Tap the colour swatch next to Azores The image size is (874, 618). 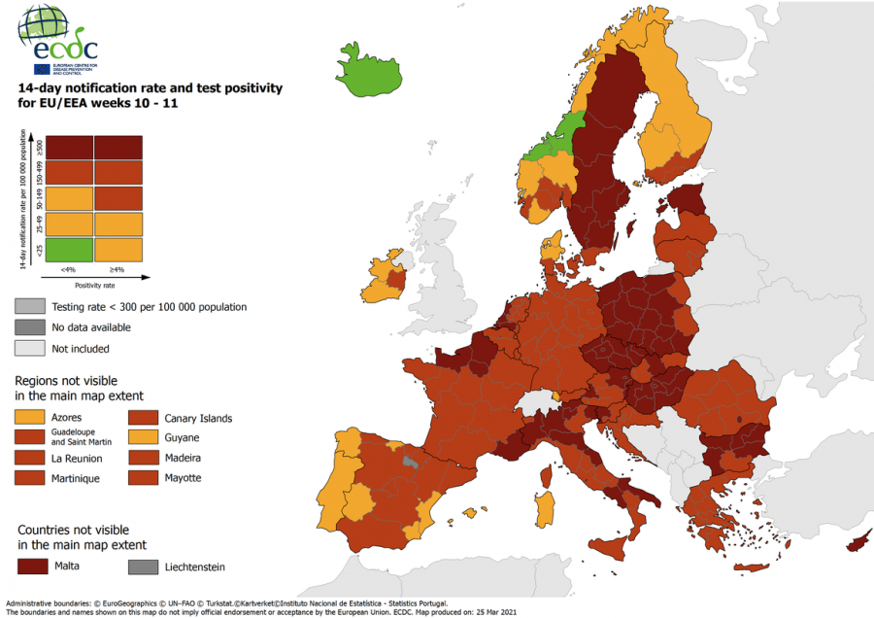pyautogui.click(x=28, y=418)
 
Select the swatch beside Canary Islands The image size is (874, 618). pyautogui.click(x=142, y=418)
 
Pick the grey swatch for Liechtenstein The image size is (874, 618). pyautogui.click(x=142, y=566)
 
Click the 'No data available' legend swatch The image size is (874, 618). pyautogui.click(x=28, y=327)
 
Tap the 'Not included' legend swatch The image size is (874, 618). pyautogui.click(x=28, y=348)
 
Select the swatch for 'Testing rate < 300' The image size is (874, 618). pyautogui.click(x=28, y=306)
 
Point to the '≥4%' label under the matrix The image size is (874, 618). pyautogui.click(x=118, y=269)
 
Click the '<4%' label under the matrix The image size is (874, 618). pyautogui.click(x=68, y=269)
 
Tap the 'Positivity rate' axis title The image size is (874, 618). pyautogui.click(x=93, y=286)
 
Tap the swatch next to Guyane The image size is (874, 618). pyautogui.click(x=142, y=438)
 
